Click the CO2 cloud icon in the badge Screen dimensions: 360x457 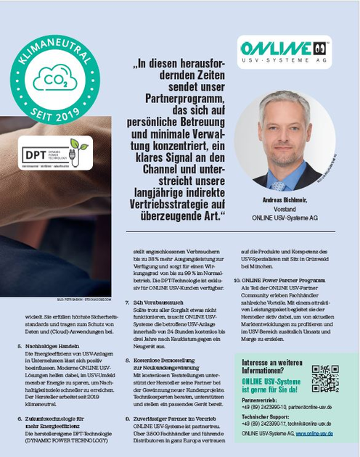(54, 78)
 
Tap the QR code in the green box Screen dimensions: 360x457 (325, 378)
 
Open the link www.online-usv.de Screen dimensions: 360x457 (310, 433)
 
